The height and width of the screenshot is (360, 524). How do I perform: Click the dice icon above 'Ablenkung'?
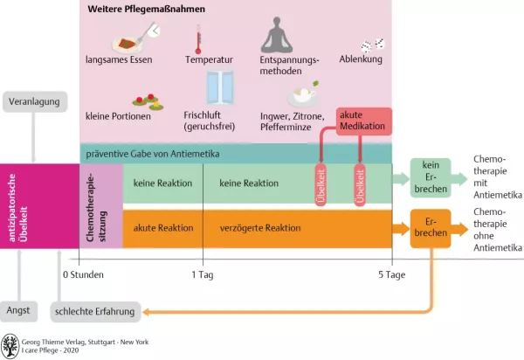pos(373,43)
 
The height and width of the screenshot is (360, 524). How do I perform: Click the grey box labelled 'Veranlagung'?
pos(34,102)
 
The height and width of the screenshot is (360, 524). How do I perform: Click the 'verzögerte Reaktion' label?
pos(260,228)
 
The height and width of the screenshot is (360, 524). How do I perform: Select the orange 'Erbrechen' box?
pos(430,228)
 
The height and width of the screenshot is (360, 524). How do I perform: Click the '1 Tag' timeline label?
pos(203,274)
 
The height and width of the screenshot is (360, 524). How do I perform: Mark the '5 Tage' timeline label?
pos(392,274)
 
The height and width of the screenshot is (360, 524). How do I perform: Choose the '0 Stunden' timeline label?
pos(83,274)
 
